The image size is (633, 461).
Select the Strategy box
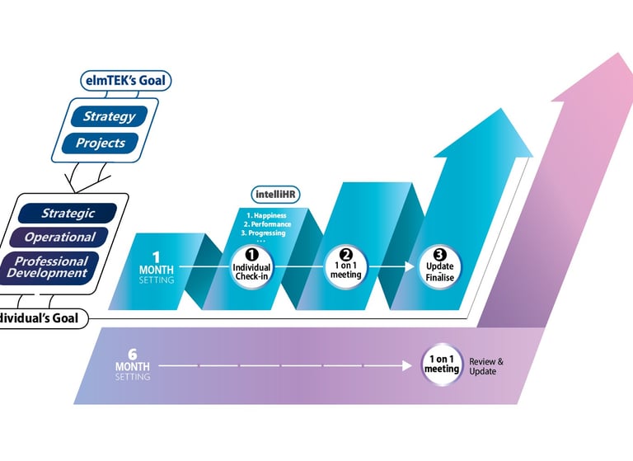point(109,116)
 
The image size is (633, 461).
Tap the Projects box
point(101,143)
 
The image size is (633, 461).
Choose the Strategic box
point(68,214)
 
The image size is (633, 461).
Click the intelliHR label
point(274,195)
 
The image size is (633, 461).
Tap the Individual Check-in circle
point(251,266)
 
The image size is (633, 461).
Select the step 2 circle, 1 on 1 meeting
point(345,266)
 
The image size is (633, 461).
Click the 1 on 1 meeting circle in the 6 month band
point(441,365)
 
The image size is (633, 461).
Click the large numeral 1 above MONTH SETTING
point(155,256)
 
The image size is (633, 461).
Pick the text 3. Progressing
point(264,233)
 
